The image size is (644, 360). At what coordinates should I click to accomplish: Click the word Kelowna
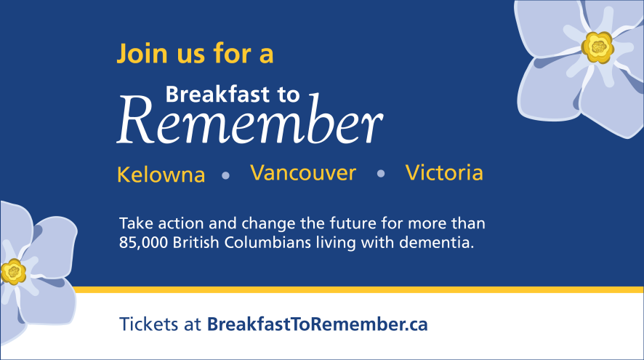click(161, 175)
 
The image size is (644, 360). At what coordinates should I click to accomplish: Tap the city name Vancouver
click(303, 173)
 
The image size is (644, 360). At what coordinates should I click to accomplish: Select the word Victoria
click(444, 173)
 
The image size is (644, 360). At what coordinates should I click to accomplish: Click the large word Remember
click(251, 121)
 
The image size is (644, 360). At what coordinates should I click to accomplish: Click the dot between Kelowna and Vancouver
click(225, 175)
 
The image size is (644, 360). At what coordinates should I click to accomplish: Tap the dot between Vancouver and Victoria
click(381, 174)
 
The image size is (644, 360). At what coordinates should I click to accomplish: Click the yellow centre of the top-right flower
click(598, 47)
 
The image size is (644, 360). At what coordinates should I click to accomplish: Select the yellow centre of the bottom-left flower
click(12, 272)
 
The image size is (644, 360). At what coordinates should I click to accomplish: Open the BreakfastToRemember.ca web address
click(317, 324)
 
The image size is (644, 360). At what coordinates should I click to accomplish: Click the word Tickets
click(150, 324)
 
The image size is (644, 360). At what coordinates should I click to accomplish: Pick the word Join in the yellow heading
click(140, 54)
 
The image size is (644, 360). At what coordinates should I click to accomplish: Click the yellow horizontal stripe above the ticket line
click(363, 289)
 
